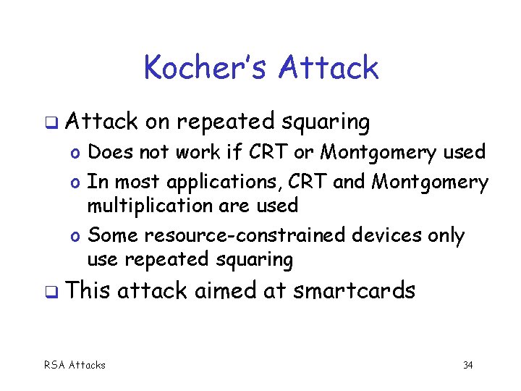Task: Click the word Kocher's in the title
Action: point(206,67)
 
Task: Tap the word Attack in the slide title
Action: point(329,67)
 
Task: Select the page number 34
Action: point(467,365)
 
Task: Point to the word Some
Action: point(113,235)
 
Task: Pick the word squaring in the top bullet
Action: point(329,122)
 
